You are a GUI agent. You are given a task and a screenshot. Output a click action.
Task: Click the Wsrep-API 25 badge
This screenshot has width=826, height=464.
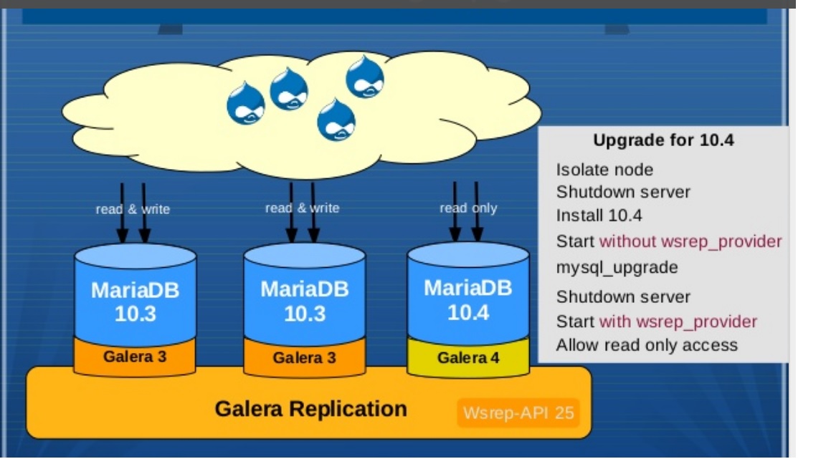point(518,413)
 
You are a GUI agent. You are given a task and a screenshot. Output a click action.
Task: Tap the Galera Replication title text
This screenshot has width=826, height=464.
point(310,409)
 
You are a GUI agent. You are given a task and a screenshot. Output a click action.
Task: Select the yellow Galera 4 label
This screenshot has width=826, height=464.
point(468,358)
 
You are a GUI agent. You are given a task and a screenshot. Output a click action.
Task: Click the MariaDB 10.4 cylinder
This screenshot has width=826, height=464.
point(468,294)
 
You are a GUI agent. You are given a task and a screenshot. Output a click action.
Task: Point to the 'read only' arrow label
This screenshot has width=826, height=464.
point(468,208)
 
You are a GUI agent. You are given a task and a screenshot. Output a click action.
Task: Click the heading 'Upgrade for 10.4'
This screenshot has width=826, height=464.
point(663,140)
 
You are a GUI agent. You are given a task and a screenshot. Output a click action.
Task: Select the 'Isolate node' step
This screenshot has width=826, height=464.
point(604,170)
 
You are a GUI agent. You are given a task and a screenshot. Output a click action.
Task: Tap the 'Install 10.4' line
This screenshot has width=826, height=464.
point(599,216)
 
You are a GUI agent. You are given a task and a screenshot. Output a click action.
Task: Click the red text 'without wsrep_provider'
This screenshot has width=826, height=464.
point(690,241)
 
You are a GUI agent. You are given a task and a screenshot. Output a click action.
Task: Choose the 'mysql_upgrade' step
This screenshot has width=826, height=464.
point(617,268)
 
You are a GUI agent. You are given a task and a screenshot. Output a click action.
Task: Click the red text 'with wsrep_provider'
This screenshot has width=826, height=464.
point(678,322)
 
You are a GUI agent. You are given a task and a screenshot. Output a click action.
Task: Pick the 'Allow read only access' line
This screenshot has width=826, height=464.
point(647,345)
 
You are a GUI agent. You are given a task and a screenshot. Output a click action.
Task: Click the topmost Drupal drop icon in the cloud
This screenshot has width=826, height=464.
point(364,77)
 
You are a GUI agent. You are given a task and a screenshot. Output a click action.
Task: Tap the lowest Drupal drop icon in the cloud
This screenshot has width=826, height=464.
point(336,120)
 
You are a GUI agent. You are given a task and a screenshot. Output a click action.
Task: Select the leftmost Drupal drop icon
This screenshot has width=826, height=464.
point(245,103)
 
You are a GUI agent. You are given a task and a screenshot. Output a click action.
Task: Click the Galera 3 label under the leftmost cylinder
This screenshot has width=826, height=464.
point(135,357)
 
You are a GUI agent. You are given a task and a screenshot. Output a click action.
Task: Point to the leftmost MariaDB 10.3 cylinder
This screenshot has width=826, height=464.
point(136,294)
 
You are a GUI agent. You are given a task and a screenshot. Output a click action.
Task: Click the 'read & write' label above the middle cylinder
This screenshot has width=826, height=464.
point(303,208)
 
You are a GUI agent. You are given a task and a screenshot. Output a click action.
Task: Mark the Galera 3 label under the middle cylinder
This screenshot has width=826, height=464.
point(305,358)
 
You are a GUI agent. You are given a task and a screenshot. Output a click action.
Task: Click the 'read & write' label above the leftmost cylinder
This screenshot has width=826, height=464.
point(133,209)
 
